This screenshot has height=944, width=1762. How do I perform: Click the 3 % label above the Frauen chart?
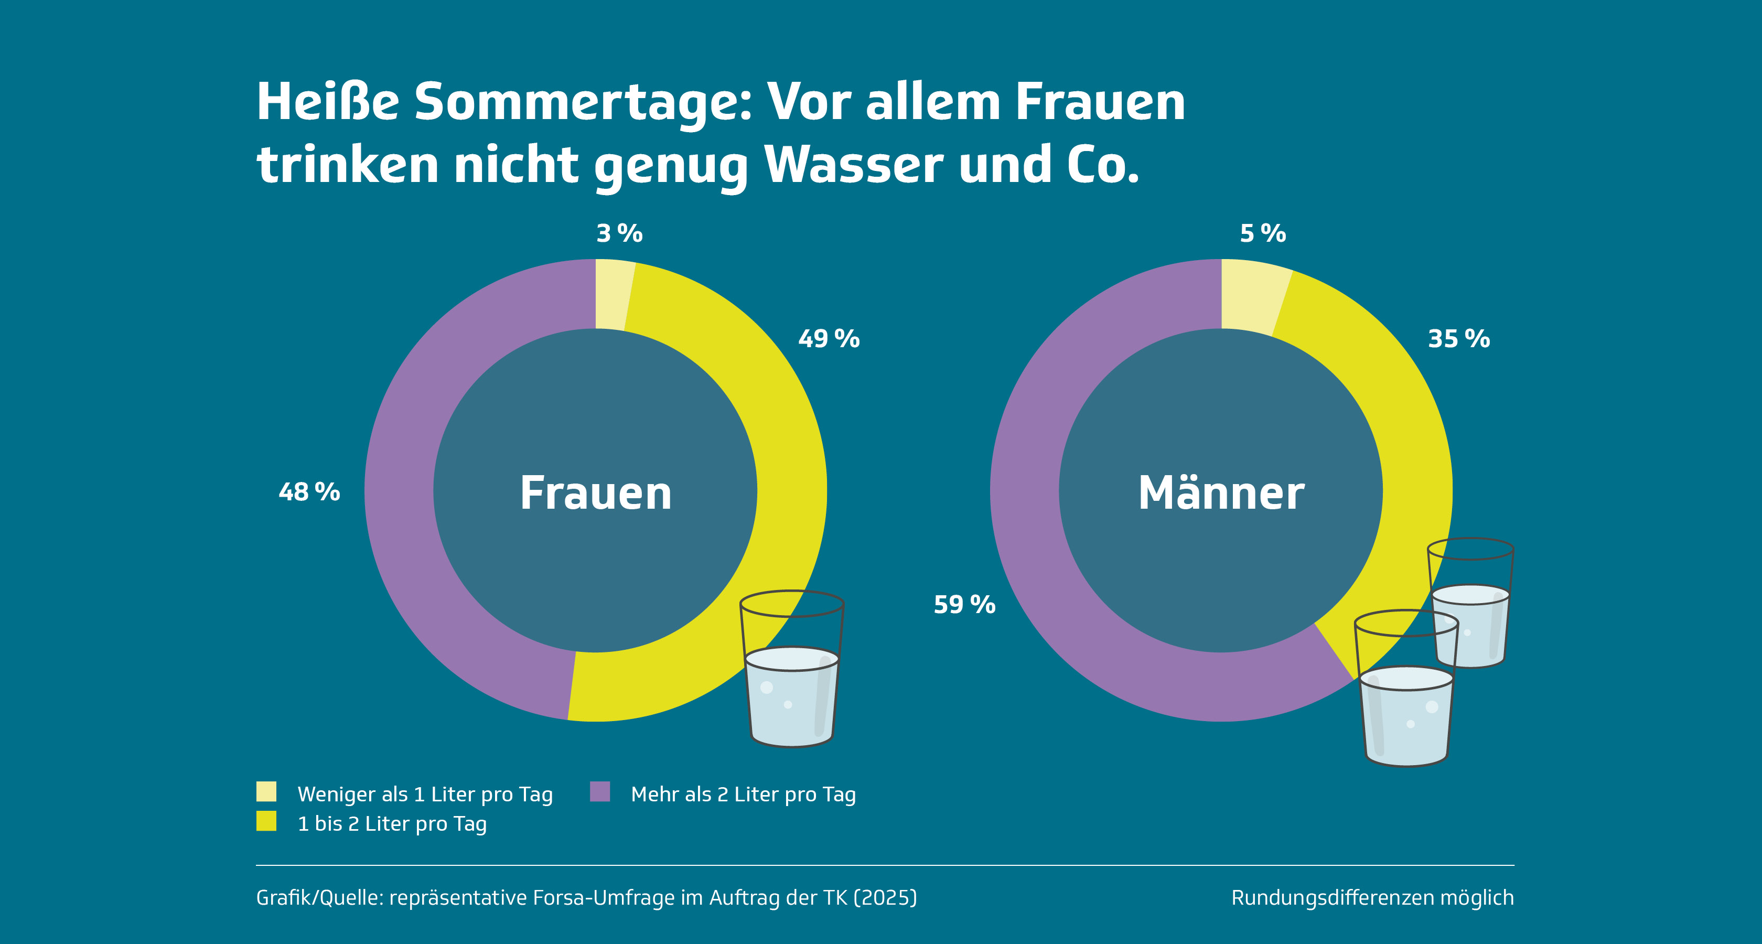[x=619, y=233]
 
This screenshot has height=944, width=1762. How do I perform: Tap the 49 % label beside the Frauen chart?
[x=829, y=339]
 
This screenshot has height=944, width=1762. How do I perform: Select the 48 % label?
[x=309, y=492]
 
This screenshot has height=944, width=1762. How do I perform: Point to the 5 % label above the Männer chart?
[x=1263, y=233]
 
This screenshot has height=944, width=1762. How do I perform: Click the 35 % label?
[x=1458, y=339]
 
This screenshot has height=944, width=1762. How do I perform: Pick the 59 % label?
[x=964, y=604]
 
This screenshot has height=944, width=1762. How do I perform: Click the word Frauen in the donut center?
[x=596, y=492]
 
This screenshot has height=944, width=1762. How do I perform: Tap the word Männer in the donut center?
[x=1221, y=492]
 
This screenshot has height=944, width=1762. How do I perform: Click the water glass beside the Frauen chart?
[x=792, y=677]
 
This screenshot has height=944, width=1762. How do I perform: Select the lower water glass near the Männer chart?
[x=1405, y=698]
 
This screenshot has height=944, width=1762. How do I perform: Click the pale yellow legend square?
[x=266, y=791]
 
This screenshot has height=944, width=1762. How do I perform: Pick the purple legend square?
[x=600, y=791]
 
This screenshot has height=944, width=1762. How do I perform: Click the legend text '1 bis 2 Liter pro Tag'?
[x=392, y=823]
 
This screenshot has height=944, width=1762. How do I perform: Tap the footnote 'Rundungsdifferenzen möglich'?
[x=1372, y=897]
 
